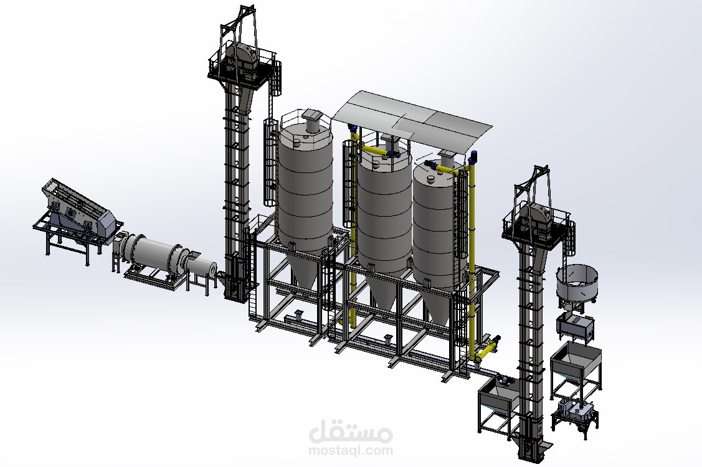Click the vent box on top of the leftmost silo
[311, 116]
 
